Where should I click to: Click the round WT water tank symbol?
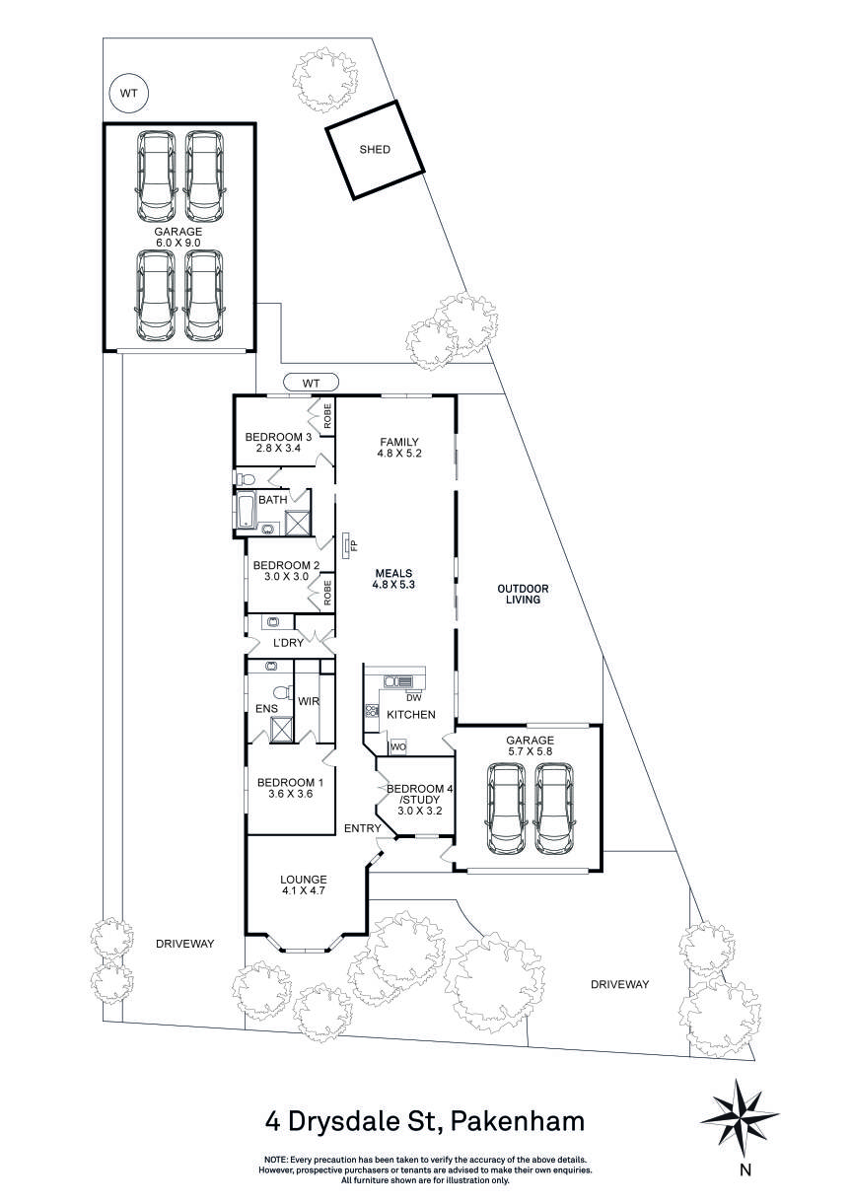pyautogui.click(x=128, y=94)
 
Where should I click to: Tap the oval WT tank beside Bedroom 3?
pyautogui.click(x=311, y=383)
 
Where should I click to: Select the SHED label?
pyautogui.click(x=375, y=150)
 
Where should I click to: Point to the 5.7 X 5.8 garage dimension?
pyautogui.click(x=530, y=752)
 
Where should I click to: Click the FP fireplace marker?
pyautogui.click(x=348, y=545)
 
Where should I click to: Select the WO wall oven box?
pyautogui.click(x=398, y=746)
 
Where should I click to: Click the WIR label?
pyautogui.click(x=307, y=702)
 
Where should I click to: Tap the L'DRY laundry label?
pyautogui.click(x=288, y=643)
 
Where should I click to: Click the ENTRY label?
pyautogui.click(x=361, y=828)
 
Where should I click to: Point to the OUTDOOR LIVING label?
pyautogui.click(x=522, y=595)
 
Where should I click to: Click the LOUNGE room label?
pyautogui.click(x=303, y=879)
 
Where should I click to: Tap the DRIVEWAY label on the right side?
pyautogui.click(x=619, y=984)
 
